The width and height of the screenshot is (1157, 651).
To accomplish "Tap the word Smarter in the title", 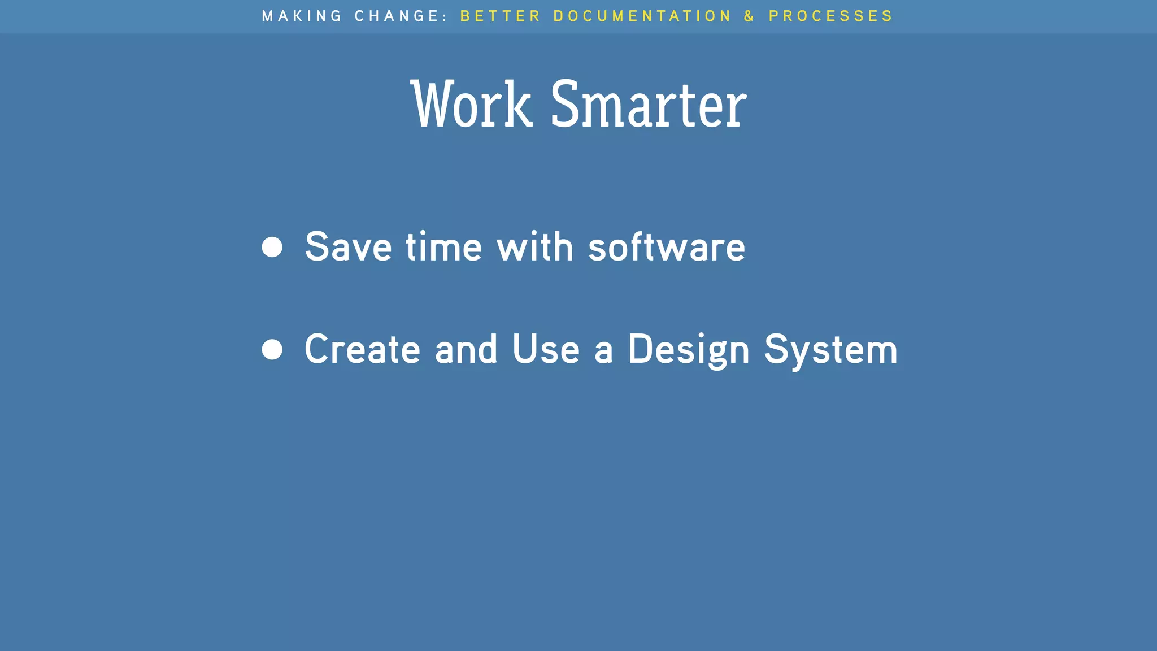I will pyautogui.click(x=649, y=105).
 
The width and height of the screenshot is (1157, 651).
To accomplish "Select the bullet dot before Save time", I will pyautogui.click(x=272, y=247).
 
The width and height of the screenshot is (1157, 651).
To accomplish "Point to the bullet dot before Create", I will pyautogui.click(x=272, y=349).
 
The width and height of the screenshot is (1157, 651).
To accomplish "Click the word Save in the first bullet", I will pyautogui.click(x=348, y=247).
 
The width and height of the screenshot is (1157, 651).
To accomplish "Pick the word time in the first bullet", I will pyautogui.click(x=443, y=247).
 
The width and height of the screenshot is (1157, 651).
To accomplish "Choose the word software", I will pyautogui.click(x=667, y=247).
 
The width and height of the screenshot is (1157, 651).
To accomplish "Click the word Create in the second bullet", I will pyautogui.click(x=362, y=349).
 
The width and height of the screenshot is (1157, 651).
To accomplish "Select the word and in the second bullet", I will pyautogui.click(x=466, y=349).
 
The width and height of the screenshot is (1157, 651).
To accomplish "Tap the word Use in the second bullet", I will pyautogui.click(x=546, y=349).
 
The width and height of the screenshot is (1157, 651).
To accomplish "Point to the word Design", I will pyautogui.click(x=689, y=350).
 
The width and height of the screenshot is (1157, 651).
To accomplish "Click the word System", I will pyautogui.click(x=830, y=350).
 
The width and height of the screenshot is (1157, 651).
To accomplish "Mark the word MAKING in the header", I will pyautogui.click(x=302, y=16).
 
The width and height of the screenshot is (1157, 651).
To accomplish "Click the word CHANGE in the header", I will pyautogui.click(x=397, y=16).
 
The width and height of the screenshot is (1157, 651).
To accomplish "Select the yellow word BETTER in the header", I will pyautogui.click(x=501, y=16).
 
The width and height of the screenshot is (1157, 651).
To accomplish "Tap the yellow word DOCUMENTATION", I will pyautogui.click(x=642, y=16).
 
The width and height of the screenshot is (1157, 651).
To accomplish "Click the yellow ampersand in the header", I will pyautogui.click(x=749, y=16).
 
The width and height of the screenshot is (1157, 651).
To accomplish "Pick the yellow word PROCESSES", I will pyautogui.click(x=830, y=16).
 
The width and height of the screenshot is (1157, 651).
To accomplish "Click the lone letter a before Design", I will pyautogui.click(x=603, y=350).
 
